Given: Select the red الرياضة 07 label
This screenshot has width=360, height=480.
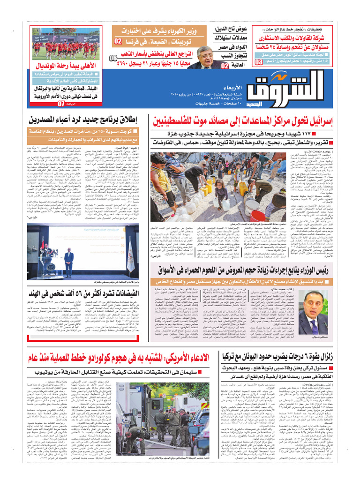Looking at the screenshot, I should click(66, 104).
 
